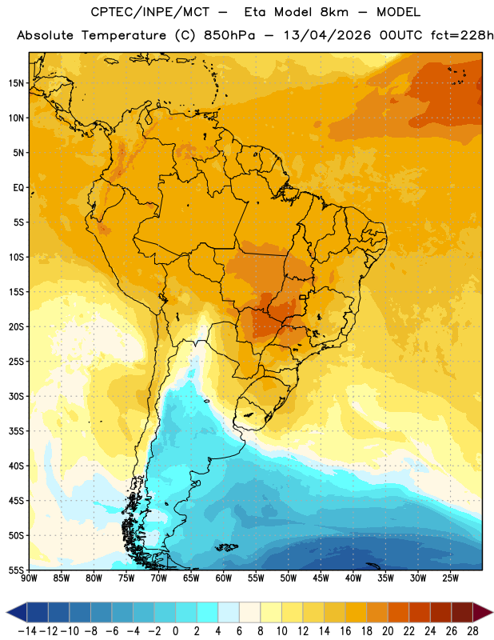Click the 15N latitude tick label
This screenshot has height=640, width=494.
[x=16, y=83]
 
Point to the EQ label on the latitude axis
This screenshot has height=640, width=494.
[x=18, y=188]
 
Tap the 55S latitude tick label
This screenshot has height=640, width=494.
[x=16, y=570]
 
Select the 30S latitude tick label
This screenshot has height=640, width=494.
[x=16, y=396]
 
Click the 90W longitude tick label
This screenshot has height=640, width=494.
[x=30, y=578]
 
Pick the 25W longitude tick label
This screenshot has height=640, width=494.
[x=450, y=578]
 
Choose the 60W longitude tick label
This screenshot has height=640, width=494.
[x=224, y=578]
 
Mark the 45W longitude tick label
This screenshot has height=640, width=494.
[x=321, y=578]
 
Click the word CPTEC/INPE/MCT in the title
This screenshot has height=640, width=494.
[x=150, y=12]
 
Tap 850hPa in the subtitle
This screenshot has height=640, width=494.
[x=229, y=35]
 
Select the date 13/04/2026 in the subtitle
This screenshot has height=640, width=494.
[x=328, y=35]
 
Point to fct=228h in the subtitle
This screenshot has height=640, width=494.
[x=462, y=35]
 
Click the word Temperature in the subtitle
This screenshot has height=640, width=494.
[x=124, y=35]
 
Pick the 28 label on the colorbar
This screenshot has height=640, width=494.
[x=472, y=631]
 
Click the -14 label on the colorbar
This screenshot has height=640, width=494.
[x=27, y=631]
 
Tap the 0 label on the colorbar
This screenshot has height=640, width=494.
[x=175, y=631]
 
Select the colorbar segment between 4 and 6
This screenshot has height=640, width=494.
[x=229, y=612]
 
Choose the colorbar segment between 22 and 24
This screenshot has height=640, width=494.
[x=420, y=612]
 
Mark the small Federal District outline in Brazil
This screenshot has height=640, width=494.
[x=303, y=297]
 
